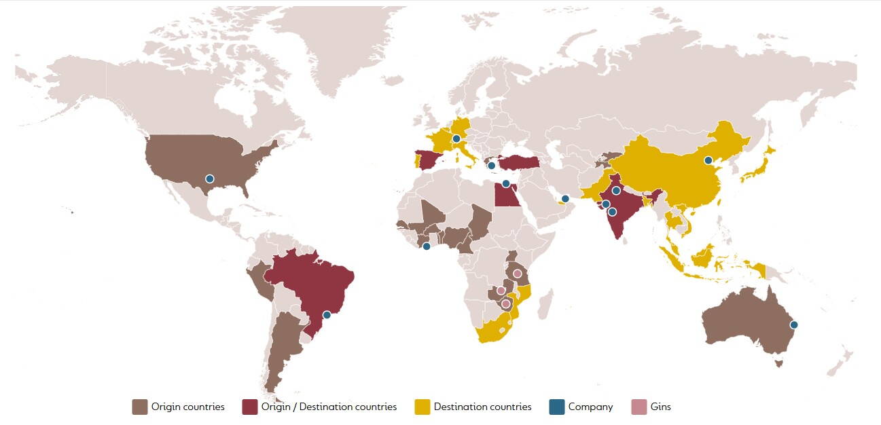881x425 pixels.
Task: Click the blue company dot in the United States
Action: (210, 179)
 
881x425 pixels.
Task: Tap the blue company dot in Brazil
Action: (327, 314)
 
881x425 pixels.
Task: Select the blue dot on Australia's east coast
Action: (793, 325)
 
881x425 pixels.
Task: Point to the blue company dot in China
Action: (708, 161)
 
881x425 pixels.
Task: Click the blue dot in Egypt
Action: (505, 184)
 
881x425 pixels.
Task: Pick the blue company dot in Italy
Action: (456, 139)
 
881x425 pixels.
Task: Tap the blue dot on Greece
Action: (491, 166)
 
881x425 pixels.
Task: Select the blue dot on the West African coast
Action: (427, 246)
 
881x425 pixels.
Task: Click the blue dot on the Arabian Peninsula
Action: (565, 198)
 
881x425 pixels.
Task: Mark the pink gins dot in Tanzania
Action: (517, 274)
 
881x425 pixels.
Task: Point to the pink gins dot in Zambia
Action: (501, 291)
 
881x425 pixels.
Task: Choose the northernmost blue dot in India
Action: (616, 191)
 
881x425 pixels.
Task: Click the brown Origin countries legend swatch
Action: (139, 407)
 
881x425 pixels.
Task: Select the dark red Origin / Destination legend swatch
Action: (249, 407)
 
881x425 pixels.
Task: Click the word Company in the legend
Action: (590, 407)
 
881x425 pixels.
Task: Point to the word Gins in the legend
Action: (660, 407)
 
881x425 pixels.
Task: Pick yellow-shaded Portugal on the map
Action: (417, 162)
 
